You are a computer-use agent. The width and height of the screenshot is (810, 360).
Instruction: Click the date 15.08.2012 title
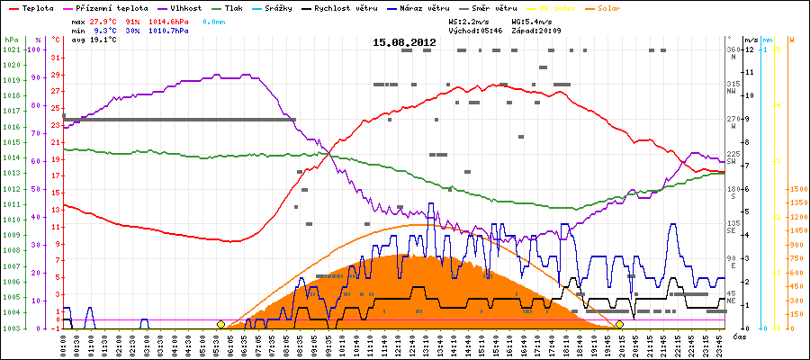pyautogui.click(x=404, y=42)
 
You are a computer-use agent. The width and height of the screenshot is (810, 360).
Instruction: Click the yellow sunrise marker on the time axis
pyautogui.click(x=220, y=324)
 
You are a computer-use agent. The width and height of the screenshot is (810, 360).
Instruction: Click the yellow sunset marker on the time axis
pyautogui.click(x=619, y=324)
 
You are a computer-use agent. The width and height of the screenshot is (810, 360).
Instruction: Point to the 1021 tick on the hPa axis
pyautogui.click(x=11, y=49)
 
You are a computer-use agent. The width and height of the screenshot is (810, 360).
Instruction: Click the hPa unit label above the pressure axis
pyautogui.click(x=11, y=40)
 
